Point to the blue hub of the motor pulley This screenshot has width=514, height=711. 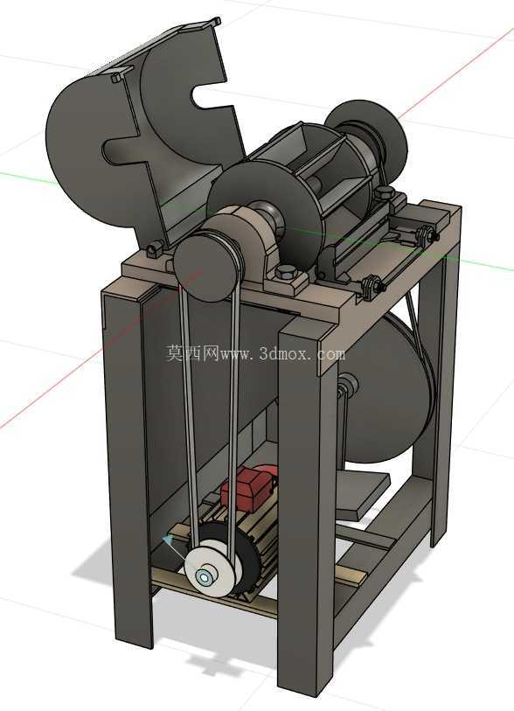pyautogui.click(x=204, y=577)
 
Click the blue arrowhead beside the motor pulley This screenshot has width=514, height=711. pyautogui.click(x=169, y=540)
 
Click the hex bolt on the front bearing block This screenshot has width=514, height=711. pyautogui.click(x=286, y=272)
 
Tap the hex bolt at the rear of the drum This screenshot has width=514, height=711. pyautogui.click(x=385, y=192)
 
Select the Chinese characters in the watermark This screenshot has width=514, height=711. pyautogui.click(x=192, y=352)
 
